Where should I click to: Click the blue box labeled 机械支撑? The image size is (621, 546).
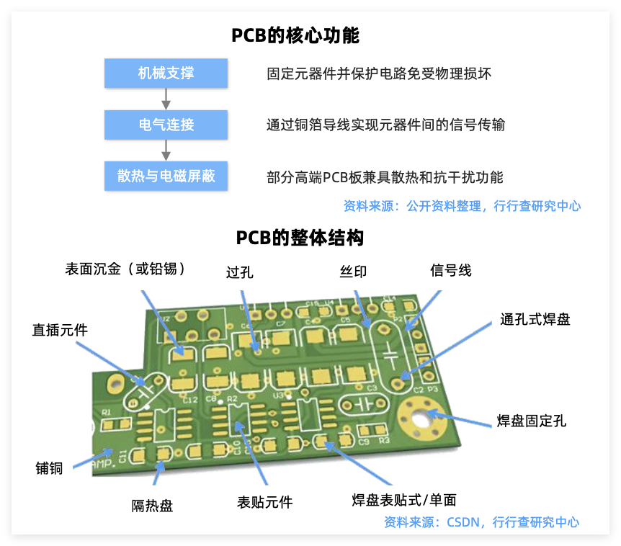(x=166, y=73)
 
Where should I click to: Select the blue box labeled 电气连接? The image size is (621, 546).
(x=166, y=125)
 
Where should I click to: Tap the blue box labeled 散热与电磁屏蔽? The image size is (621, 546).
(x=166, y=176)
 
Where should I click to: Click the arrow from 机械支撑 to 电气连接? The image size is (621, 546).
(x=166, y=99)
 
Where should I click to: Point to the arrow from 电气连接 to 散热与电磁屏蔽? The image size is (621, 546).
(x=166, y=150)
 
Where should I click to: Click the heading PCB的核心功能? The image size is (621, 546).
(x=295, y=35)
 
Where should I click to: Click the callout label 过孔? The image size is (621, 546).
(x=240, y=272)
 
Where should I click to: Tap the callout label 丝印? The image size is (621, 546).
(x=353, y=272)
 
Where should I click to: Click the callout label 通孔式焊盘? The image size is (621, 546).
(x=535, y=319)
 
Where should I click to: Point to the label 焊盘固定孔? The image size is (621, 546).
(x=532, y=421)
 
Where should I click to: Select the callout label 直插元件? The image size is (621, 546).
(x=60, y=330)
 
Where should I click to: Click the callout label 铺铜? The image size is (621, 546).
(x=49, y=468)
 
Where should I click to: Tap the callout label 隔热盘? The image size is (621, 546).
(x=152, y=506)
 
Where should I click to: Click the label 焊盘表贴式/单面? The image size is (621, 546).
(x=403, y=500)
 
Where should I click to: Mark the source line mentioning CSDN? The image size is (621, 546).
(x=481, y=522)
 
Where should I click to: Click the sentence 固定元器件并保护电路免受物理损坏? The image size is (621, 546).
(x=379, y=73)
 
